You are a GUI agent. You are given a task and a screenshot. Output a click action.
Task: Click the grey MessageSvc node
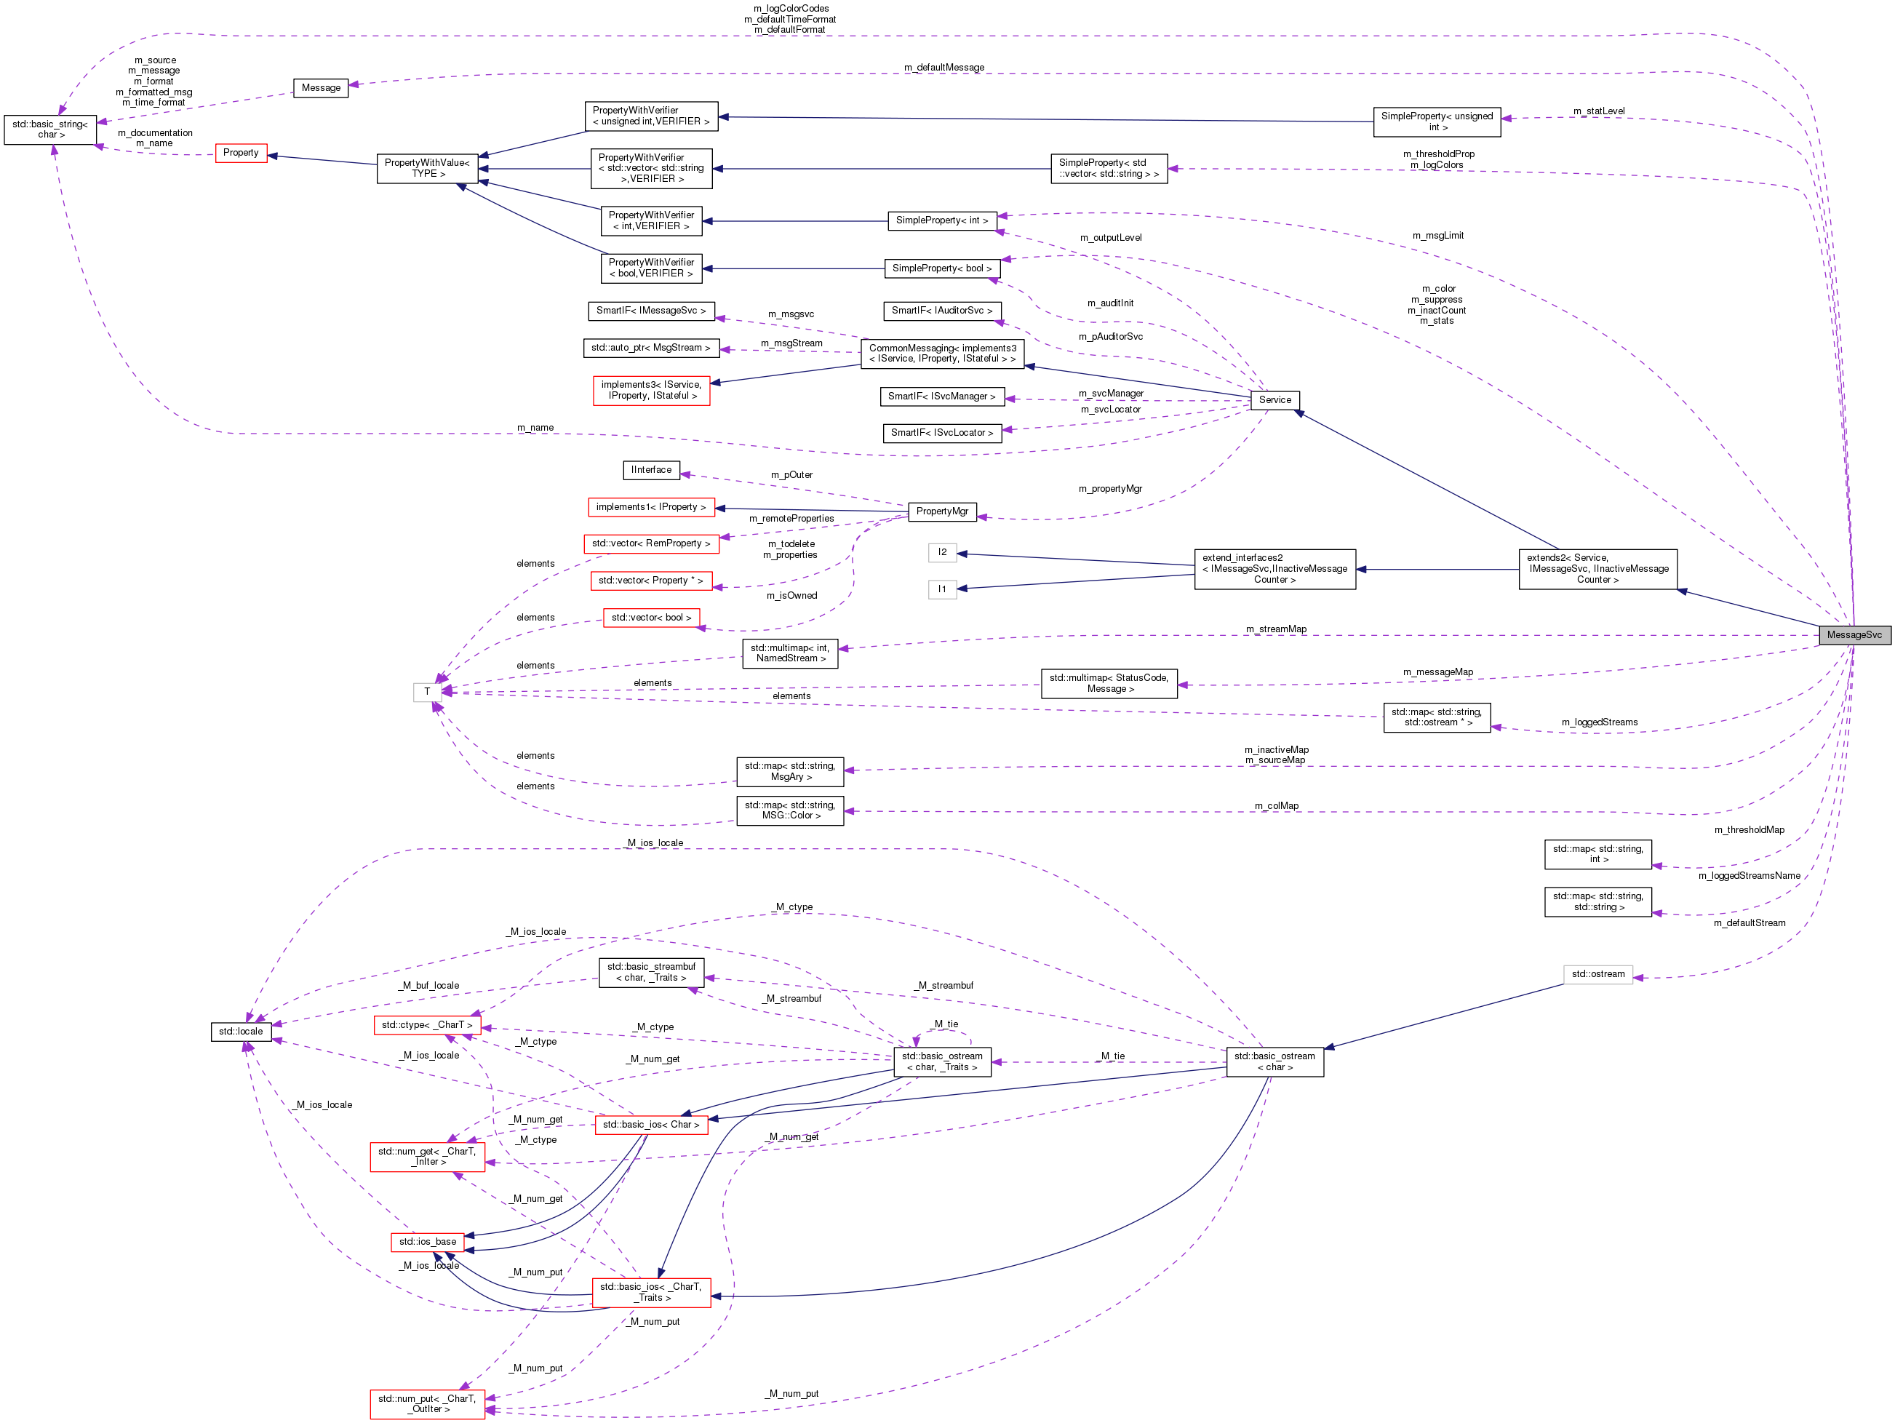1854,635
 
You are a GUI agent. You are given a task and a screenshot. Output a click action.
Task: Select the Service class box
1274,400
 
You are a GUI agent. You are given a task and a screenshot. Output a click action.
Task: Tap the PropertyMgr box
941,511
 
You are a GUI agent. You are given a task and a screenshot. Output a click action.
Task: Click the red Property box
241,153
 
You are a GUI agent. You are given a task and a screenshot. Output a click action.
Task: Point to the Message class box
320,87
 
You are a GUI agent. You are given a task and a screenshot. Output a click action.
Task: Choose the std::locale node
241,1032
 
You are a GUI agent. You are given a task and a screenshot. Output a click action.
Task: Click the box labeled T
426,691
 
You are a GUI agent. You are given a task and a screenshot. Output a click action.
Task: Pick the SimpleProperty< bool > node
941,268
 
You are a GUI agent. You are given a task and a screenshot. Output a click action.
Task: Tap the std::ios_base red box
428,1241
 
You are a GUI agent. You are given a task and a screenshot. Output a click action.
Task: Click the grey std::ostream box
1597,974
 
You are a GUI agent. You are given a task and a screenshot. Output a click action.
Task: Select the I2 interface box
942,553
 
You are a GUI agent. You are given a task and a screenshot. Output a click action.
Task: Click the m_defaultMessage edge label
944,68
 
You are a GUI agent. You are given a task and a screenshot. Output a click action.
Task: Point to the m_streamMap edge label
1276,629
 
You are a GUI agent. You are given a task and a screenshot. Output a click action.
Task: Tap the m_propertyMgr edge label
1109,488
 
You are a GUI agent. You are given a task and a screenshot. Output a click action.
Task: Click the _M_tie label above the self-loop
946,1024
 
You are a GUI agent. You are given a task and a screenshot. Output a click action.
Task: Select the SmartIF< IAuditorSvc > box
941,310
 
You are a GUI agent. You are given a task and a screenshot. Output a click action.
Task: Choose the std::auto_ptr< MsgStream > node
650,348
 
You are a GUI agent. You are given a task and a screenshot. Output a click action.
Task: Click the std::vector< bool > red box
651,618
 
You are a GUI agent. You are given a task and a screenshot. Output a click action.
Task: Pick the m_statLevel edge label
1599,111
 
